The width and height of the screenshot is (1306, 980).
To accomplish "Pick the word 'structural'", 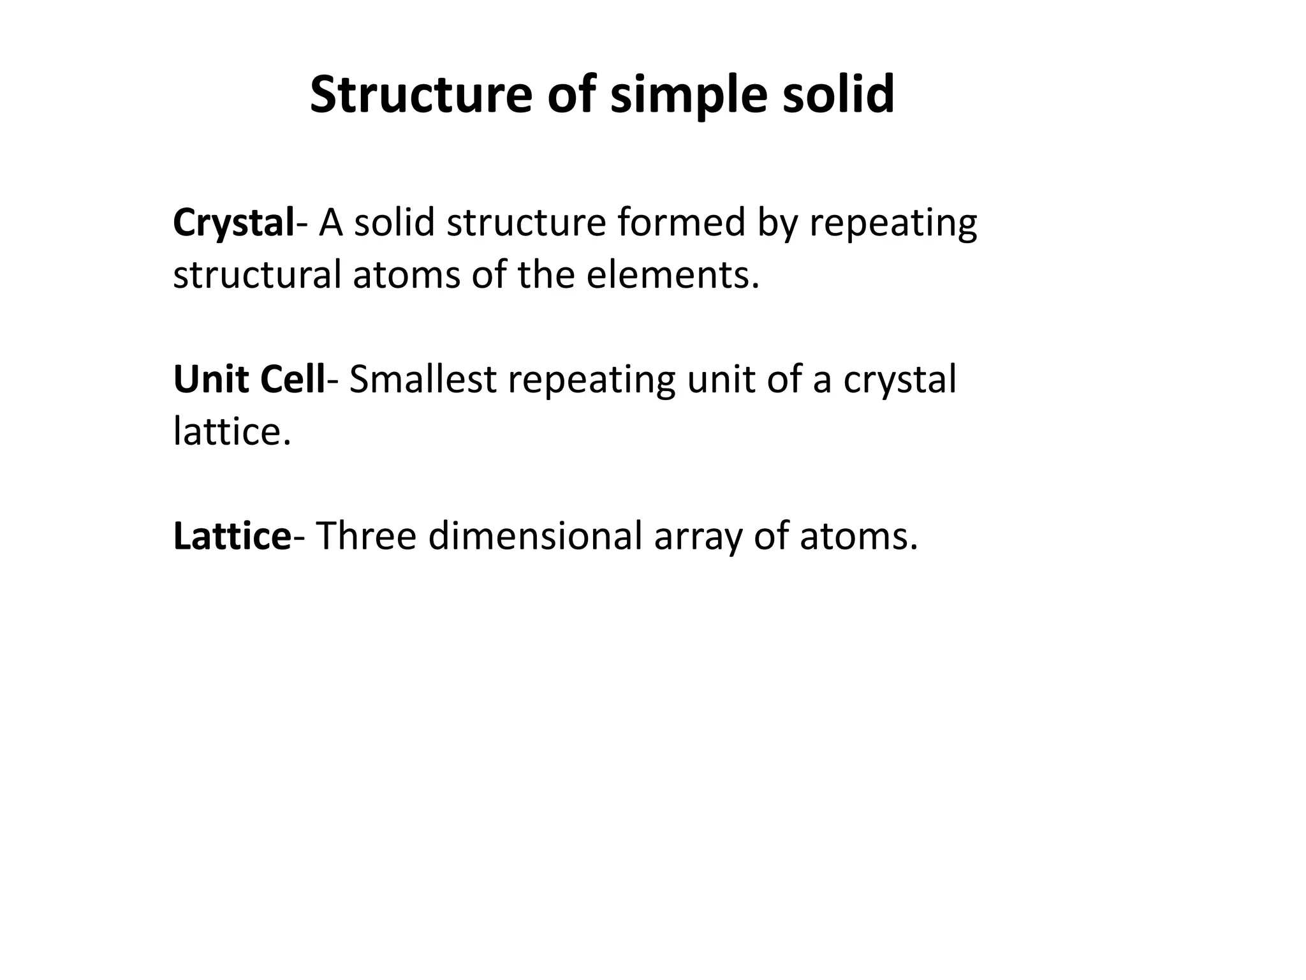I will coord(257,275).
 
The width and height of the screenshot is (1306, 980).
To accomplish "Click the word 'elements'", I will coord(673,275).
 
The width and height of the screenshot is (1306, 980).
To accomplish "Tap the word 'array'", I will coord(698,537).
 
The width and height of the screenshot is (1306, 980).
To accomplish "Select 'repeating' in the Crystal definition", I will coord(893,224).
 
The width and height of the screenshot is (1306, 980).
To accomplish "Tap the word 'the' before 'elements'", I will coord(546,275).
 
